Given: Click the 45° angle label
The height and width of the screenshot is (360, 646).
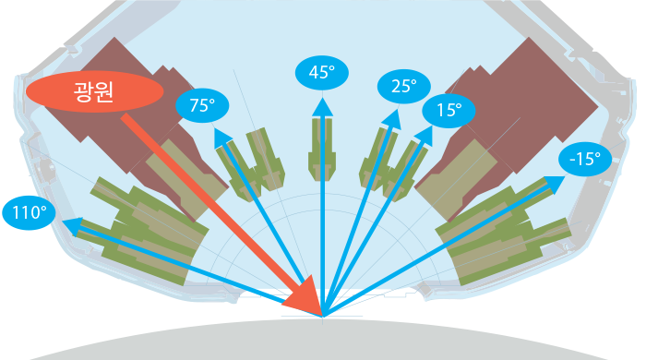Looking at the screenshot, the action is (x=322, y=73).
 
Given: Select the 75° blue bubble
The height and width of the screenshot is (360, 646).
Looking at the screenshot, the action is (x=202, y=105).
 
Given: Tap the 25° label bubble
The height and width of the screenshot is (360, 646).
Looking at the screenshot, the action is (x=404, y=87).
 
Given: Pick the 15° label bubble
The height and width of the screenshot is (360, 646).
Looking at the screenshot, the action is (x=449, y=111).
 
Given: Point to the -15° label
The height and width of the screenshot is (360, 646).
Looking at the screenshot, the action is (x=585, y=159).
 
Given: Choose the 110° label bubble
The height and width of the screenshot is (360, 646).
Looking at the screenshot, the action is (x=29, y=213).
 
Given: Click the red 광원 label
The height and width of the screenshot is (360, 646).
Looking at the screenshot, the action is (x=94, y=92).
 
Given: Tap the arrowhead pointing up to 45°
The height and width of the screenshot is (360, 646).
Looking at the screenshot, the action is (x=322, y=107).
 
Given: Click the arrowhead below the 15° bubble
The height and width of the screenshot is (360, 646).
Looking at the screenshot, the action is (x=425, y=136).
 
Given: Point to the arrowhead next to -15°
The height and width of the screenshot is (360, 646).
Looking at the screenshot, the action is (x=555, y=184).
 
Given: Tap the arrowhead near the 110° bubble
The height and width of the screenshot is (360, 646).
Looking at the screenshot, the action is (x=73, y=226).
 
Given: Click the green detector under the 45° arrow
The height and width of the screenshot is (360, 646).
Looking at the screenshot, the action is (x=322, y=150).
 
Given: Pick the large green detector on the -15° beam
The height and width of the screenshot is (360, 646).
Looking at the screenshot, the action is (x=504, y=234).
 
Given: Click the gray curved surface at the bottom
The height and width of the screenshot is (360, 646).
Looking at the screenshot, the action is (x=322, y=340).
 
